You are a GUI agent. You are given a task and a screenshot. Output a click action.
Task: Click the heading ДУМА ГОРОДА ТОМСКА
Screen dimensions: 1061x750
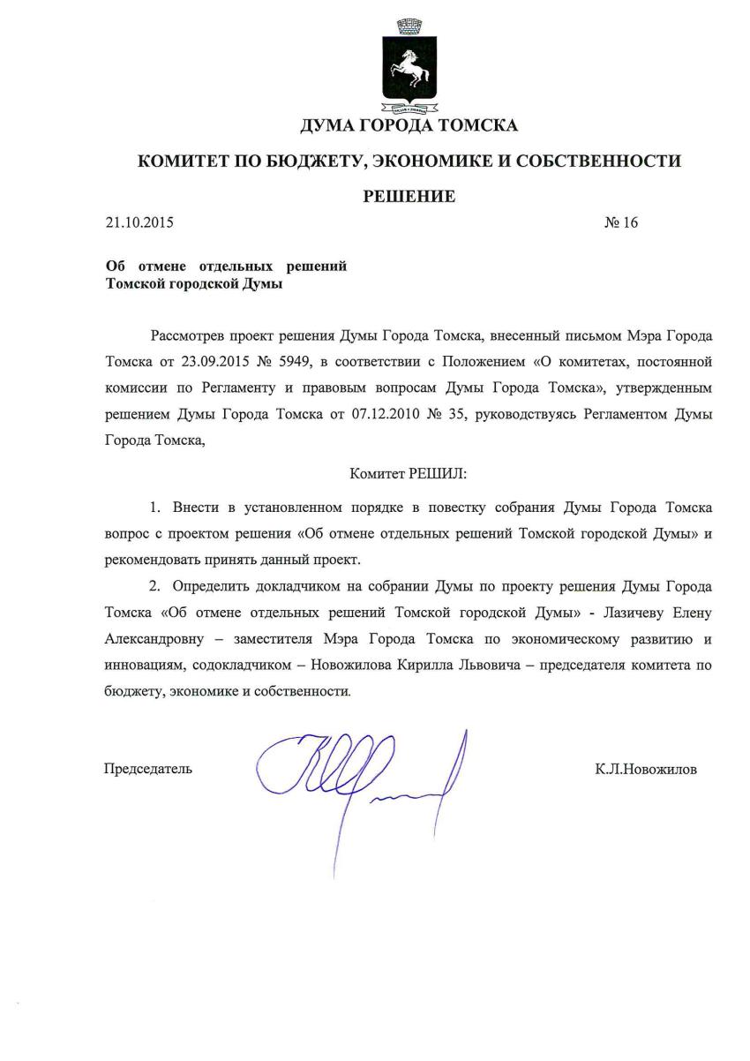tap(409, 125)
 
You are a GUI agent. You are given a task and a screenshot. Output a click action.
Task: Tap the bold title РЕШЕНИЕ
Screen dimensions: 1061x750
tap(409, 196)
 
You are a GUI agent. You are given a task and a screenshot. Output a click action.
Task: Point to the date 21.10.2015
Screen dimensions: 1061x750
tap(139, 222)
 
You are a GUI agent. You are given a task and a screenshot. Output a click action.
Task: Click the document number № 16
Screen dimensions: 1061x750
tap(620, 222)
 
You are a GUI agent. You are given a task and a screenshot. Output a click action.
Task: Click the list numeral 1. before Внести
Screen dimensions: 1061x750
tap(157, 508)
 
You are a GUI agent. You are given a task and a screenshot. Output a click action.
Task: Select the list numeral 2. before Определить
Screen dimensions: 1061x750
tap(157, 586)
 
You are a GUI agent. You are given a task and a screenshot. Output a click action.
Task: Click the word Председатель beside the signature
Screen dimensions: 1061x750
tap(148, 769)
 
